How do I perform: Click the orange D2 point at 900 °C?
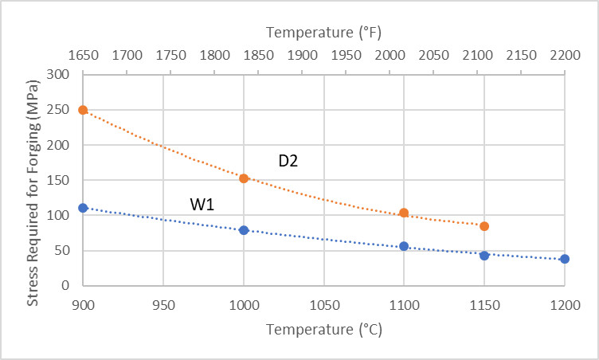tap(83, 110)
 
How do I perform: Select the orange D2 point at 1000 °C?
tap(244, 178)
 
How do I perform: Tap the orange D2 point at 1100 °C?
tap(404, 213)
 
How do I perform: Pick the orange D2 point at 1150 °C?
tap(484, 226)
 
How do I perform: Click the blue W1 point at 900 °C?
tap(83, 208)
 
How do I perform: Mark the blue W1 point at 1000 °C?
tap(244, 230)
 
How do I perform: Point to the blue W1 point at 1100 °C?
tap(404, 246)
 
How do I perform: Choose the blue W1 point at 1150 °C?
tap(484, 256)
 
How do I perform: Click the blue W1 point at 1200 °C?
tap(565, 259)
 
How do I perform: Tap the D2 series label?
tap(288, 161)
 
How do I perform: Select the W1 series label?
tap(202, 205)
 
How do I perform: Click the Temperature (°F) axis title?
tap(323, 33)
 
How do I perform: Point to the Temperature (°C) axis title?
tap(323, 330)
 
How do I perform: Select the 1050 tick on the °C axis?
tap(323, 307)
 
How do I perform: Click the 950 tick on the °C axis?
tap(163, 307)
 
